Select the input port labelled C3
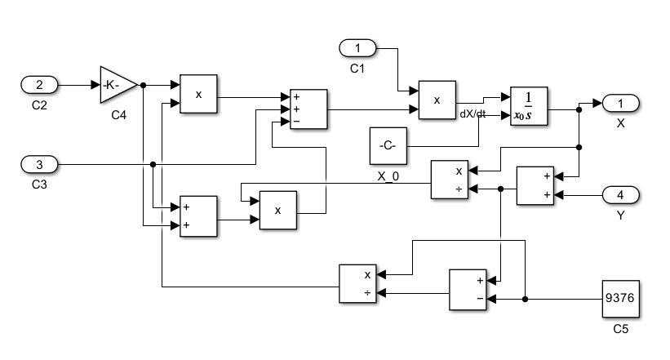pos(38,165)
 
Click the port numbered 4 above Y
pos(621,195)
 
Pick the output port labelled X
pos(621,104)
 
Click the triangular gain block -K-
pos(116,84)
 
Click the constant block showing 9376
pos(620,300)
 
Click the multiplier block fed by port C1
pos(437,100)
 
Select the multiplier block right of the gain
pos(199,94)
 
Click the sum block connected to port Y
pos(535,185)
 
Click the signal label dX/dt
pos(473,114)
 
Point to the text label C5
pos(620,331)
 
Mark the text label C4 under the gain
pos(119,115)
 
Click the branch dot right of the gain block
pos(143,84)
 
